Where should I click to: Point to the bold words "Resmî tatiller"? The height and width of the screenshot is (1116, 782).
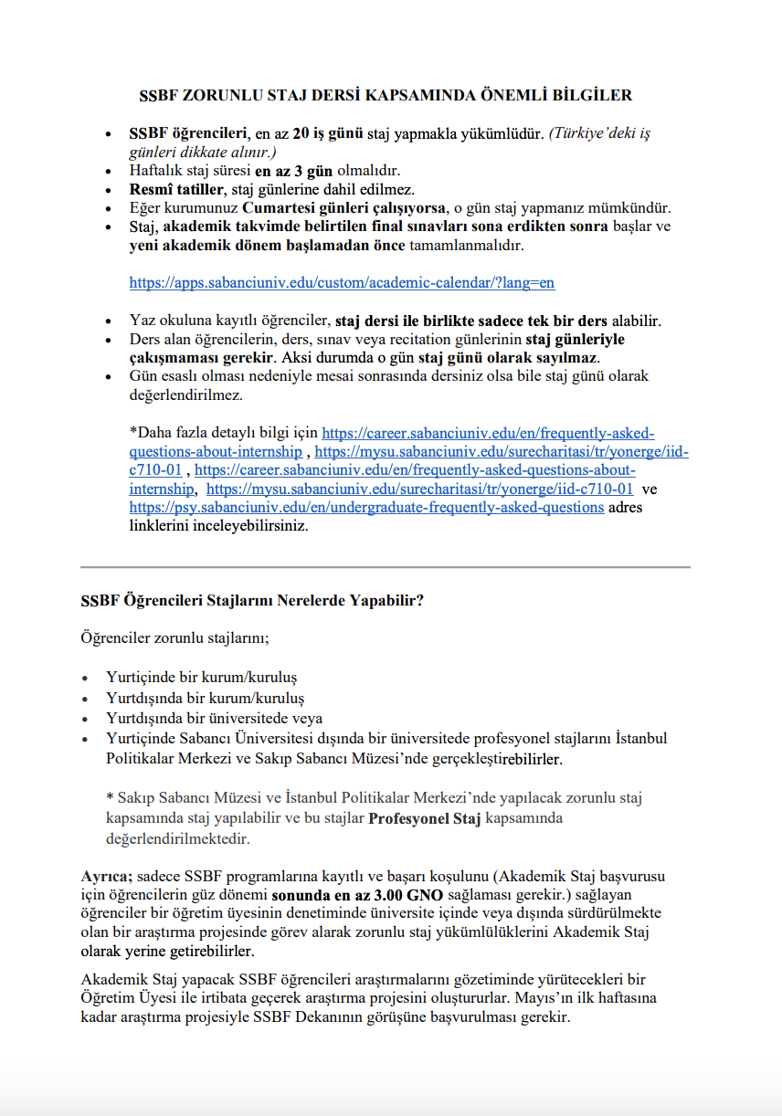click(x=175, y=189)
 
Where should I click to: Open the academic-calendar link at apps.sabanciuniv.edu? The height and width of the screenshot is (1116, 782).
click(x=342, y=283)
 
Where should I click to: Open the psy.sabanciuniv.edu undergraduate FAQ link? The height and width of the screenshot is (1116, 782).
click(x=366, y=508)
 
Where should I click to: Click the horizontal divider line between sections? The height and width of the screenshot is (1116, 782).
click(x=386, y=567)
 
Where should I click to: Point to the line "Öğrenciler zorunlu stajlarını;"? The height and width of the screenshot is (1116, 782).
click(x=174, y=637)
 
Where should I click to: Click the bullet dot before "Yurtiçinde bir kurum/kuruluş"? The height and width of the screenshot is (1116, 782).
click(x=86, y=679)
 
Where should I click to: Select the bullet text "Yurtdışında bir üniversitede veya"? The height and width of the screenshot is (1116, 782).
click(x=214, y=718)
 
